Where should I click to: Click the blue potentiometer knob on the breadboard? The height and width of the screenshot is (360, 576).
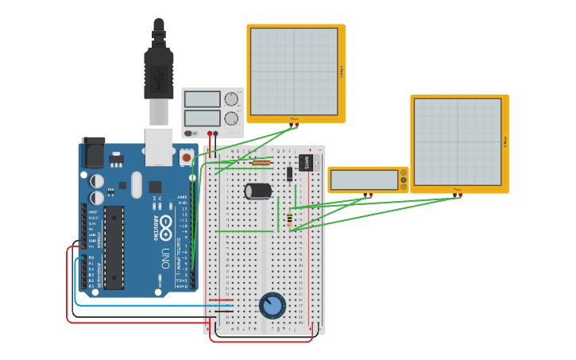[272, 305]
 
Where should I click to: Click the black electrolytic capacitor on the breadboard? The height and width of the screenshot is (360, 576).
[258, 191]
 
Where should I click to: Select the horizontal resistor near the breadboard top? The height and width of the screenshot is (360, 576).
[261, 163]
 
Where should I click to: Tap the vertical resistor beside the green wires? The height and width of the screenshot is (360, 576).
[289, 219]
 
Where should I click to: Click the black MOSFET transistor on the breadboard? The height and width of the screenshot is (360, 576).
[307, 162]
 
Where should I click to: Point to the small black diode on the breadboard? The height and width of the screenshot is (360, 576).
[290, 174]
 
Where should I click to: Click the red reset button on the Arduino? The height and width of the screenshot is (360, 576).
[187, 157]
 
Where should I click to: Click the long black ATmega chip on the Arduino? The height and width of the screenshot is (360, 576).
[114, 246]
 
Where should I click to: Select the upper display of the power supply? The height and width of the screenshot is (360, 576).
[203, 99]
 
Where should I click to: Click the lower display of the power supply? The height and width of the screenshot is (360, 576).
[203, 118]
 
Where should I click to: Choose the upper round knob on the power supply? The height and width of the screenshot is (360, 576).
[231, 99]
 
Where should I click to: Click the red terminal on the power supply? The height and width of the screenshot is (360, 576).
[210, 134]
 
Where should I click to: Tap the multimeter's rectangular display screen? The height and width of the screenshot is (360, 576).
[364, 180]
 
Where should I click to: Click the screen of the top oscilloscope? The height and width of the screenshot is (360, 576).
[294, 72]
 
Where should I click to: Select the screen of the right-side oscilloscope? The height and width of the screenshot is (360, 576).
[457, 141]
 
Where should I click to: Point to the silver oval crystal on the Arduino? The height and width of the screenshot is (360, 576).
[137, 184]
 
